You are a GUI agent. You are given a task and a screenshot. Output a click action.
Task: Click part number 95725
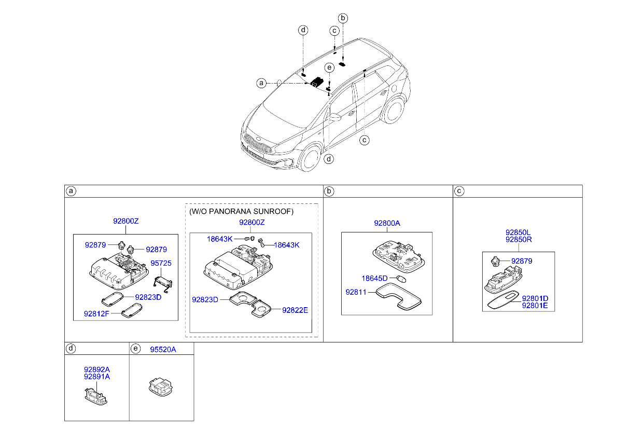point(161,263)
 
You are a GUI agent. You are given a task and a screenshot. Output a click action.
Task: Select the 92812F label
point(96,313)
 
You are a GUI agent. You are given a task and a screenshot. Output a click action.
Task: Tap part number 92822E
point(295,310)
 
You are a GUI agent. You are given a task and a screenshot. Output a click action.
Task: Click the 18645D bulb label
point(374,278)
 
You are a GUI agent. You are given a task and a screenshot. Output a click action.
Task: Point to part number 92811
point(356,292)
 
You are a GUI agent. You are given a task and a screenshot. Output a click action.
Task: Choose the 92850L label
point(518,232)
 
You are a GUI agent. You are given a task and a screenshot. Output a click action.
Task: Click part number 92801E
point(535,306)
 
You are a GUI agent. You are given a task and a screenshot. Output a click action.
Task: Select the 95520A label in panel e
point(163,350)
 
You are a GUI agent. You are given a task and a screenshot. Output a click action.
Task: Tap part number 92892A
point(97,369)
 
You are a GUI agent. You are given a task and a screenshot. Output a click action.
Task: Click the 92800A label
point(387,223)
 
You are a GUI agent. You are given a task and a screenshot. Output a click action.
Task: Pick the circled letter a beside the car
point(261,84)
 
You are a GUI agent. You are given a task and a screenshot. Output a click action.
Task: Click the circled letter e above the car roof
point(329,67)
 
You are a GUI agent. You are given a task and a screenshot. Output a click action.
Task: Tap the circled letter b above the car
point(343,18)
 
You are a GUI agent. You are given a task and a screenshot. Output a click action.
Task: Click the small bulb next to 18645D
point(401,279)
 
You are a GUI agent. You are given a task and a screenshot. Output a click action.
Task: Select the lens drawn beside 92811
point(398,297)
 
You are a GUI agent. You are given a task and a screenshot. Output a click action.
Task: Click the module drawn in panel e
point(161,387)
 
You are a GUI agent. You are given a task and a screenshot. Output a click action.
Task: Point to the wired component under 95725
point(163,284)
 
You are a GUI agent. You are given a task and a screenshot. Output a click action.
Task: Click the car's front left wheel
point(310,157)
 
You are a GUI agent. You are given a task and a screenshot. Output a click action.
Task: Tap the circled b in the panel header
point(329,191)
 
